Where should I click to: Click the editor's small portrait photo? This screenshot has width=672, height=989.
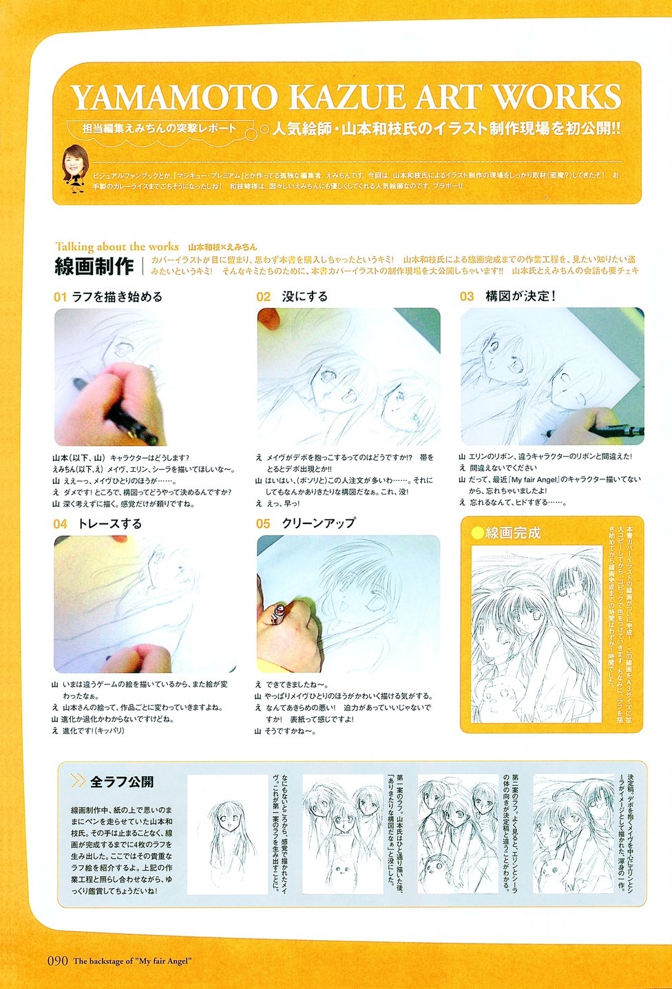75,167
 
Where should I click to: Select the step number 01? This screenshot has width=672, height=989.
60,297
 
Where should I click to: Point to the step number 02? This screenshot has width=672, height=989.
264,297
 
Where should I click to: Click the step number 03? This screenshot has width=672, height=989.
468,297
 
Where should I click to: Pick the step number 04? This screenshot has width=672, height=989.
60,524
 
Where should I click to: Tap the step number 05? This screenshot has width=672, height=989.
264,524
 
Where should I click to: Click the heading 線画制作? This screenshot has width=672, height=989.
94,266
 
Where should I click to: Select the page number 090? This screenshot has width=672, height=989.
57,961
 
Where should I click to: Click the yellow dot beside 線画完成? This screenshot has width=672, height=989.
477,532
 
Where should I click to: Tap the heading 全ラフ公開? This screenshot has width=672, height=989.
121,782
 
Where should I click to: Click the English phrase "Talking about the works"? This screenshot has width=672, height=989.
117,247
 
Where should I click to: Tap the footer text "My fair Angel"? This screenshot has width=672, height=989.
165,961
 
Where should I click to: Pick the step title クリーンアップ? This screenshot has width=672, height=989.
318,523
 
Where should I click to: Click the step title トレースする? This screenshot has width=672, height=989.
109,524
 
